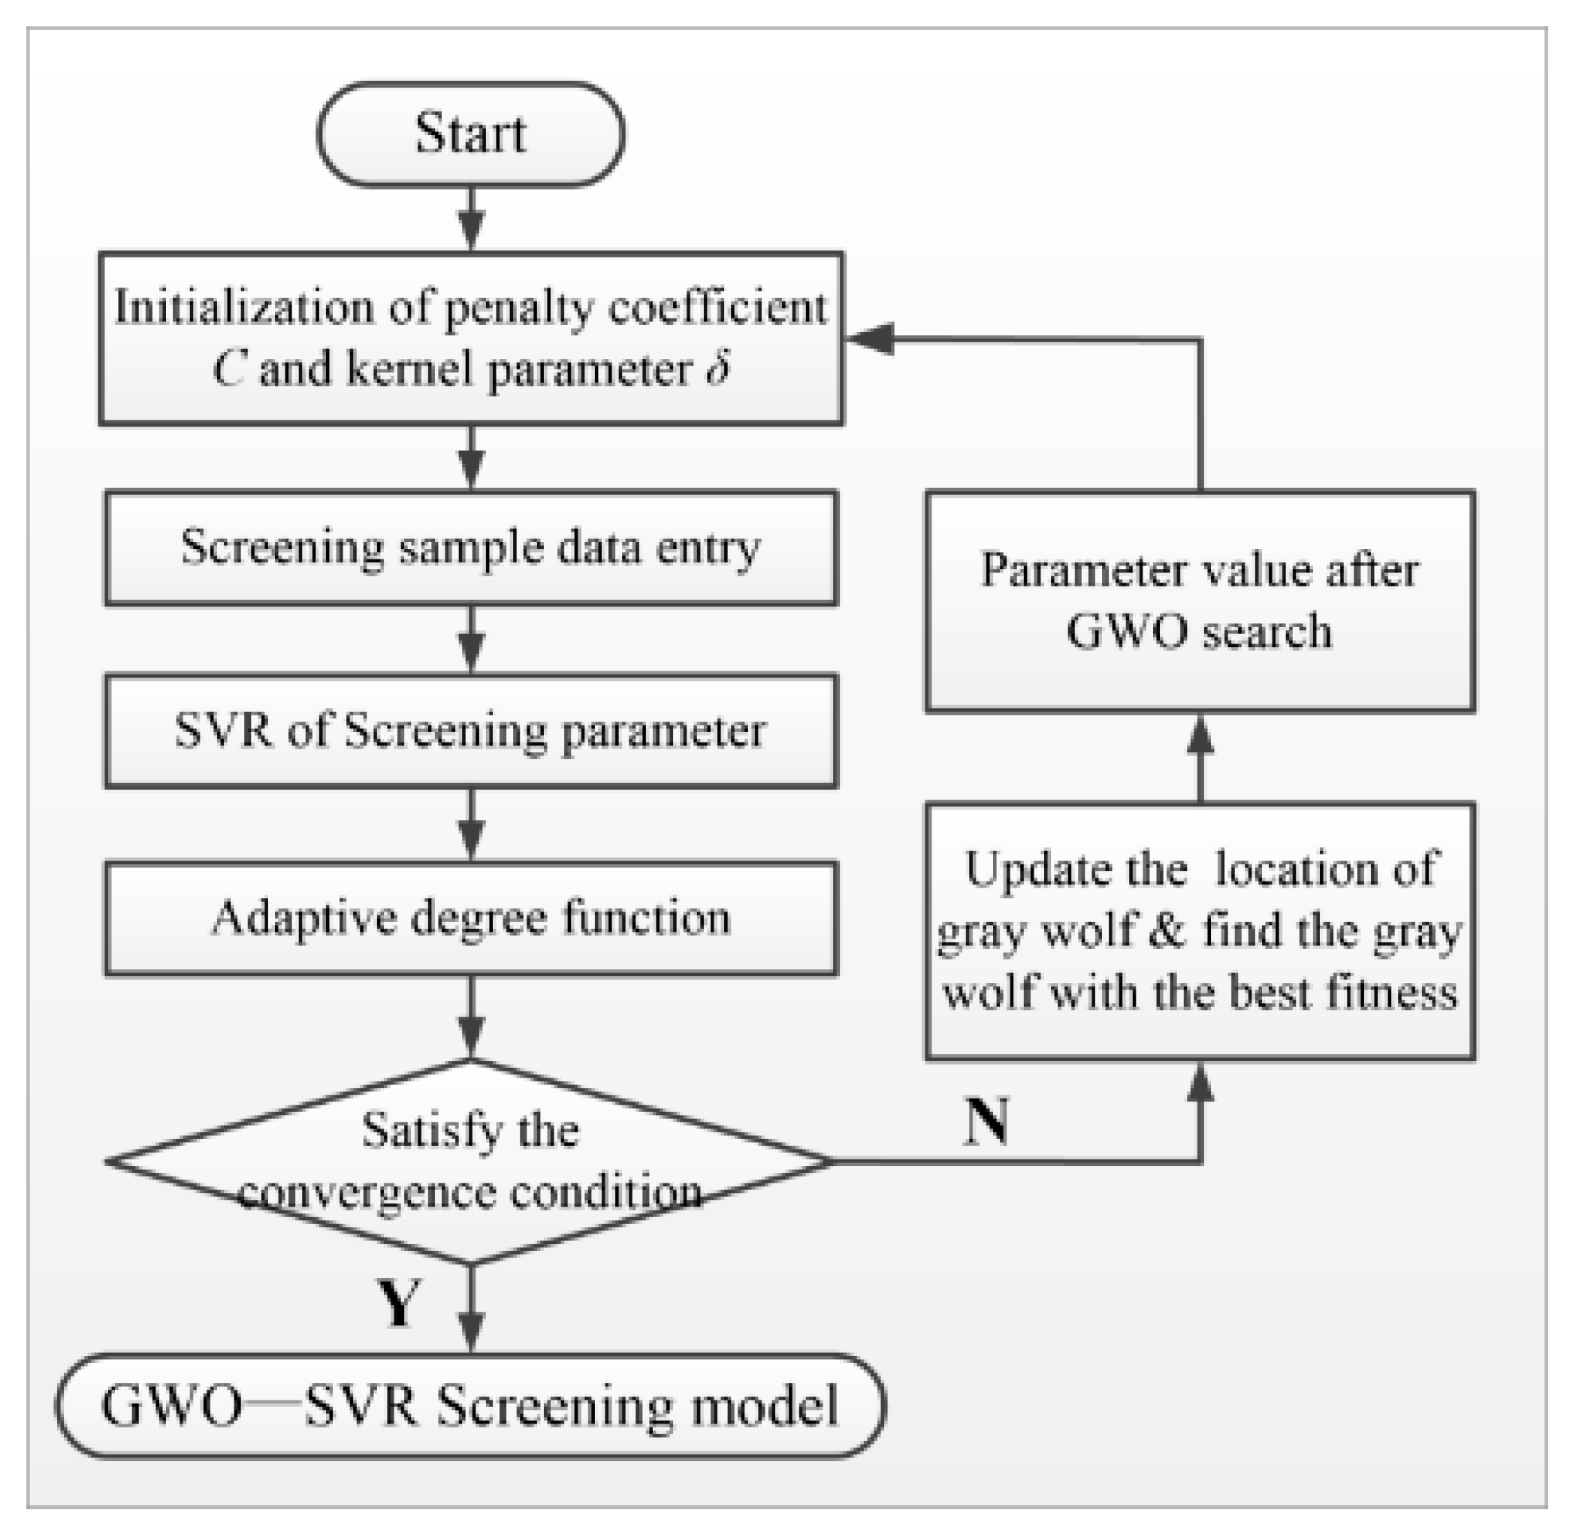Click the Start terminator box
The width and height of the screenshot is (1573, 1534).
point(470,134)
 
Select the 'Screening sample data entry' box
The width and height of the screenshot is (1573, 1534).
point(470,548)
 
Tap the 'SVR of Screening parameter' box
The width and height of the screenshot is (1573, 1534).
point(470,731)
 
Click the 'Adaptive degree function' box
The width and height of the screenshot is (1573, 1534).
point(470,918)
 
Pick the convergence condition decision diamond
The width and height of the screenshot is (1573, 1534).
point(470,1161)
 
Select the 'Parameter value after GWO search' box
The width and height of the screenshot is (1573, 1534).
point(1200,601)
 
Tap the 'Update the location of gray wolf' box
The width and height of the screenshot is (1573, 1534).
point(1200,930)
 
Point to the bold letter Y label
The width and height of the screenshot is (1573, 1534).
point(399,1303)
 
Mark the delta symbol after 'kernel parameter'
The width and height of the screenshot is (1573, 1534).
point(718,369)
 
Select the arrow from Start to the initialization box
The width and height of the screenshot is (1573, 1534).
point(470,219)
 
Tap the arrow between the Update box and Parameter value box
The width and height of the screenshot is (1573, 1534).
point(1200,758)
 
